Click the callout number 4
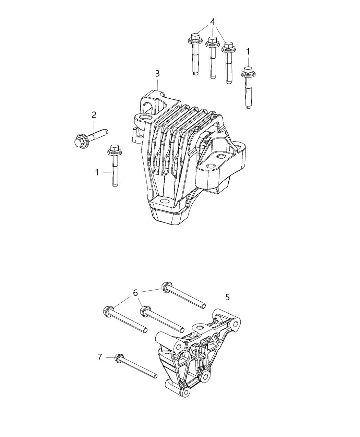213,22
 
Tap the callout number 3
157,73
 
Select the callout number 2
94,115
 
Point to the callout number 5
228,297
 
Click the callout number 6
135,293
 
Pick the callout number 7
99,357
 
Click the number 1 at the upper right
248,52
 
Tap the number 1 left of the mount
97,172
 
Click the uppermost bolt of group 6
183,295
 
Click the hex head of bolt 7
119,358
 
